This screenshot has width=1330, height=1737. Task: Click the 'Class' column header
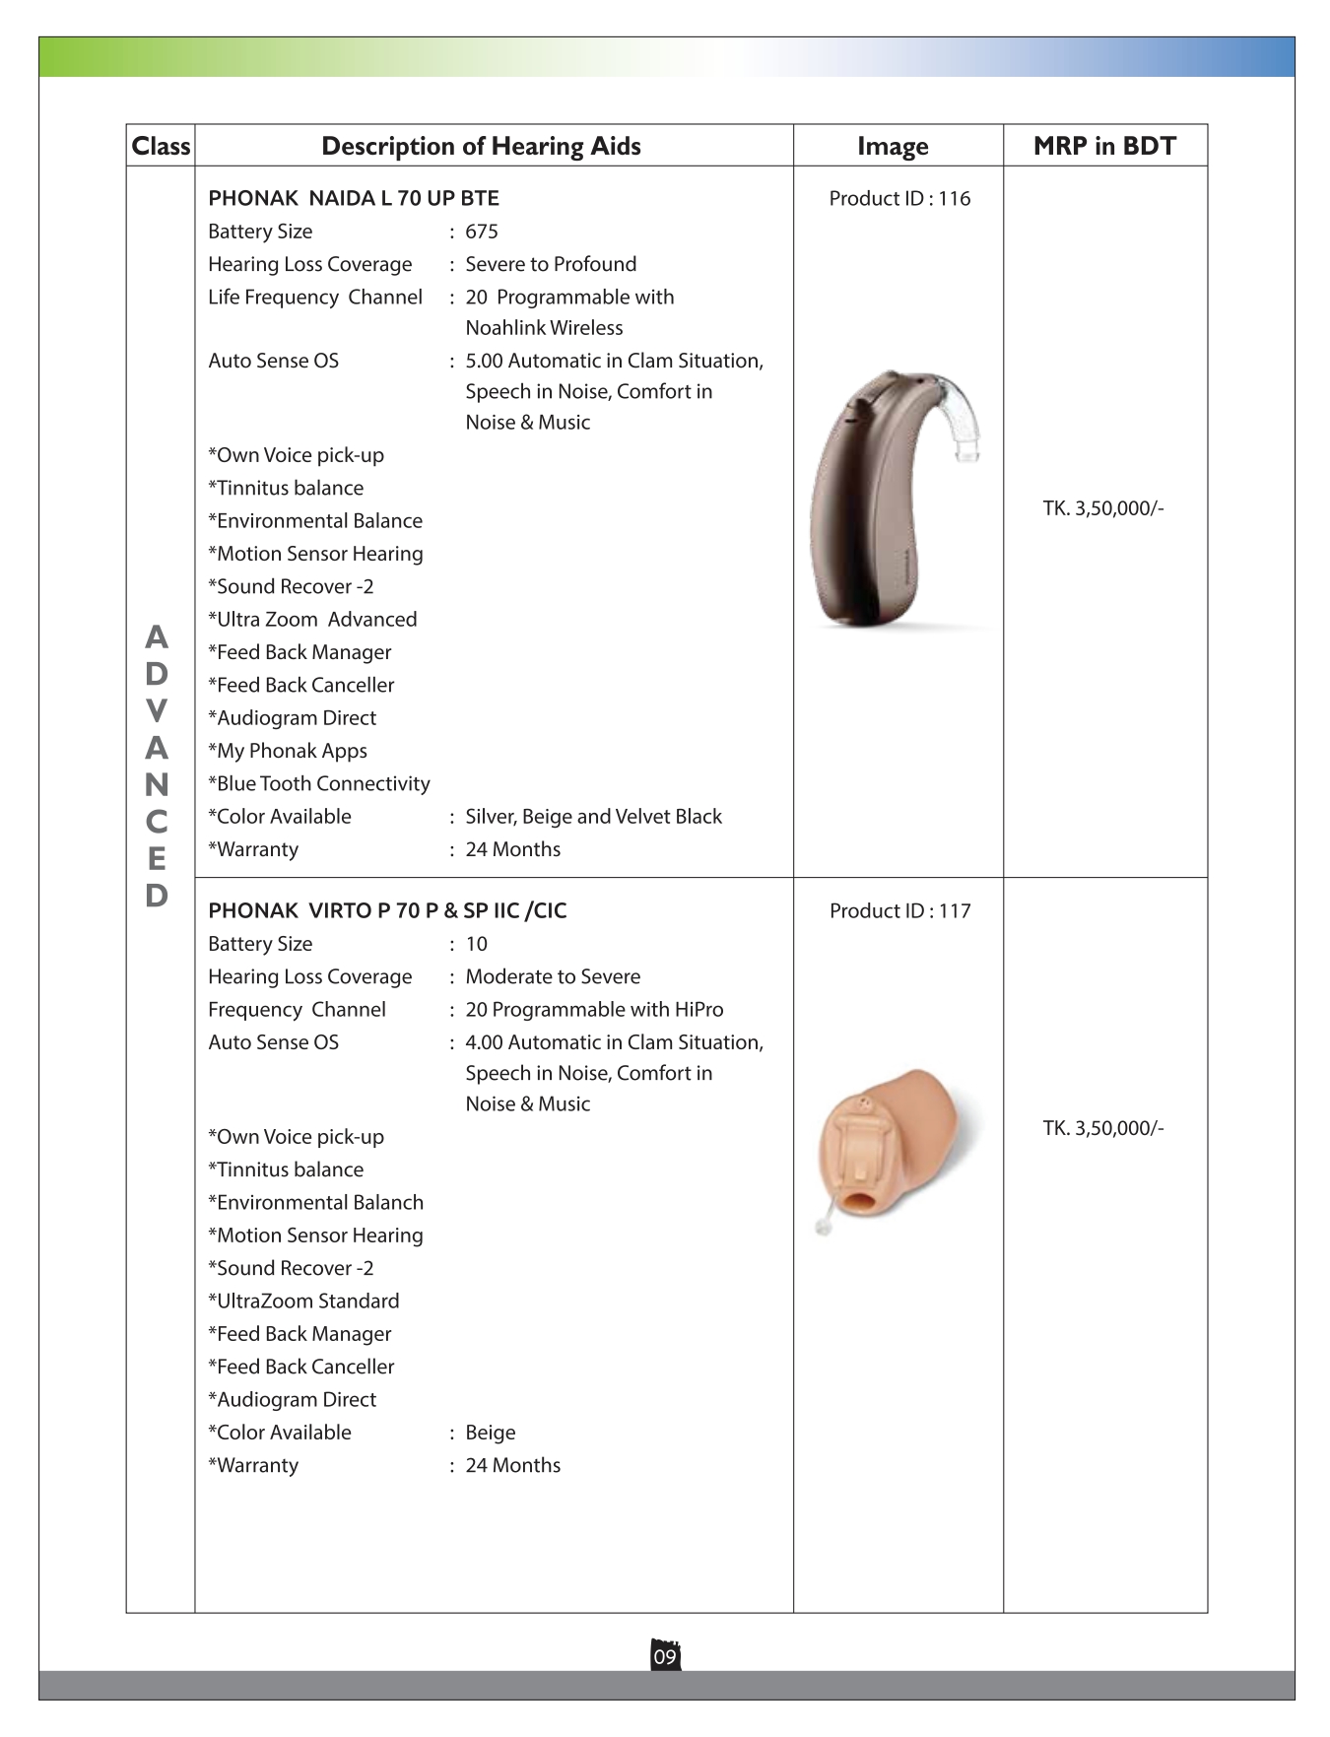coord(161,146)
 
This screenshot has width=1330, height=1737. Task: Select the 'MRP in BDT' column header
coord(1104,146)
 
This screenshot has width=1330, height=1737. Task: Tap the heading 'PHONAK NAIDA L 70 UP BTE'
coord(354,198)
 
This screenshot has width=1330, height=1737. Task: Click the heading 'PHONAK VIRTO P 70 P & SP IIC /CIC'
coord(387,910)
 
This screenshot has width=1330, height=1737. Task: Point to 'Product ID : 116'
coord(899,198)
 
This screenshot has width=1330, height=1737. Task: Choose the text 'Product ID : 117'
coord(899,910)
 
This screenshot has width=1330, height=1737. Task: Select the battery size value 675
coord(482,232)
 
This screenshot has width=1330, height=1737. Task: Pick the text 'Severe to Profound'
coord(551,264)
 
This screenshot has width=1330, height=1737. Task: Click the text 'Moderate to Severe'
coord(553,976)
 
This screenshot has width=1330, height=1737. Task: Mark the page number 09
coord(665,1656)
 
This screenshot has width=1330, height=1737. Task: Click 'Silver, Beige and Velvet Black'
coord(593,817)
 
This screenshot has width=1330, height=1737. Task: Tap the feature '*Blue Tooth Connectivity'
coord(319,783)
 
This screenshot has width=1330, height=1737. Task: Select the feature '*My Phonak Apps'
coord(288,751)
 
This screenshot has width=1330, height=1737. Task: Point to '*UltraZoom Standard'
coord(303,1301)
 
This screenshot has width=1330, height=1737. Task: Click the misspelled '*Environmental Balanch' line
coord(315,1202)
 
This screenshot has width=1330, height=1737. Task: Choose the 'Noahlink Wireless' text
coord(544,328)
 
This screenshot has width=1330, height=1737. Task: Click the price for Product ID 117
coord(1103,1128)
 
